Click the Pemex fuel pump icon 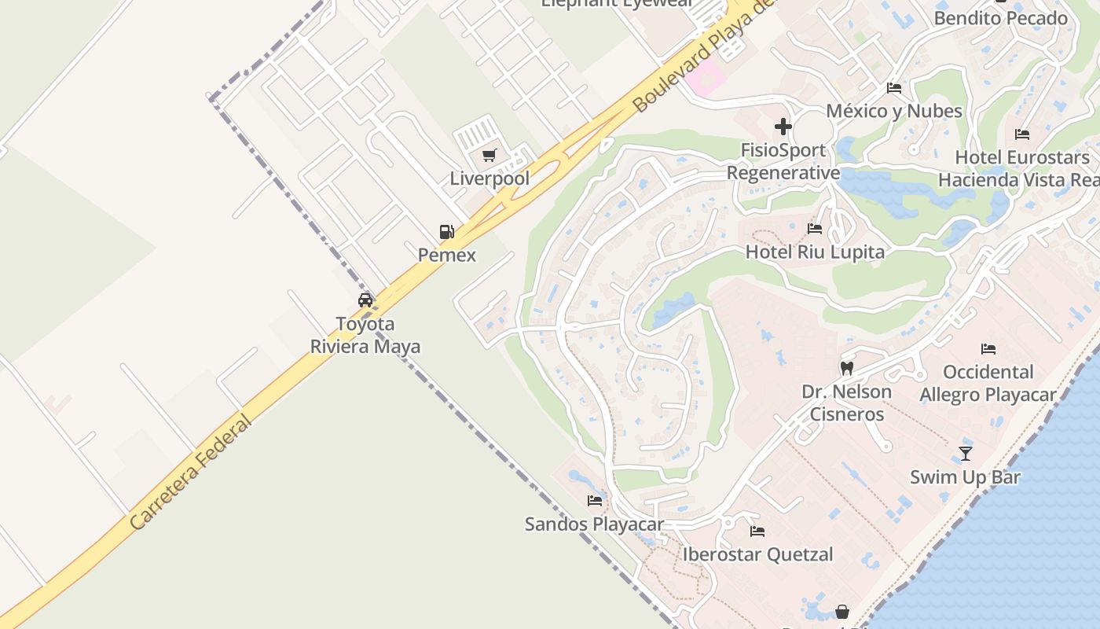point(446,232)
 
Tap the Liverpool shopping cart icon point(489,156)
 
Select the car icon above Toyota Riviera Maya point(365,300)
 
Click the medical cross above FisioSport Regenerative point(783,127)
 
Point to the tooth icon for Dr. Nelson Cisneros point(846,368)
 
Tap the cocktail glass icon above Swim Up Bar point(966,454)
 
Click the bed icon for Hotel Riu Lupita point(815,230)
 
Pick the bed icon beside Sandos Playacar point(595,500)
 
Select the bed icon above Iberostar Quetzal point(757,532)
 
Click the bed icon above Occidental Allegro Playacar point(988,349)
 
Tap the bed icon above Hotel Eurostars point(1022,134)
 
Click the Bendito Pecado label point(1000,17)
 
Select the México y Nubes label point(894,111)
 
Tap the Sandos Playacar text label point(594,524)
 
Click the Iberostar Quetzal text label point(757,554)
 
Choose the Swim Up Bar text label point(965,476)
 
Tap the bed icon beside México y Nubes point(894,87)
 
